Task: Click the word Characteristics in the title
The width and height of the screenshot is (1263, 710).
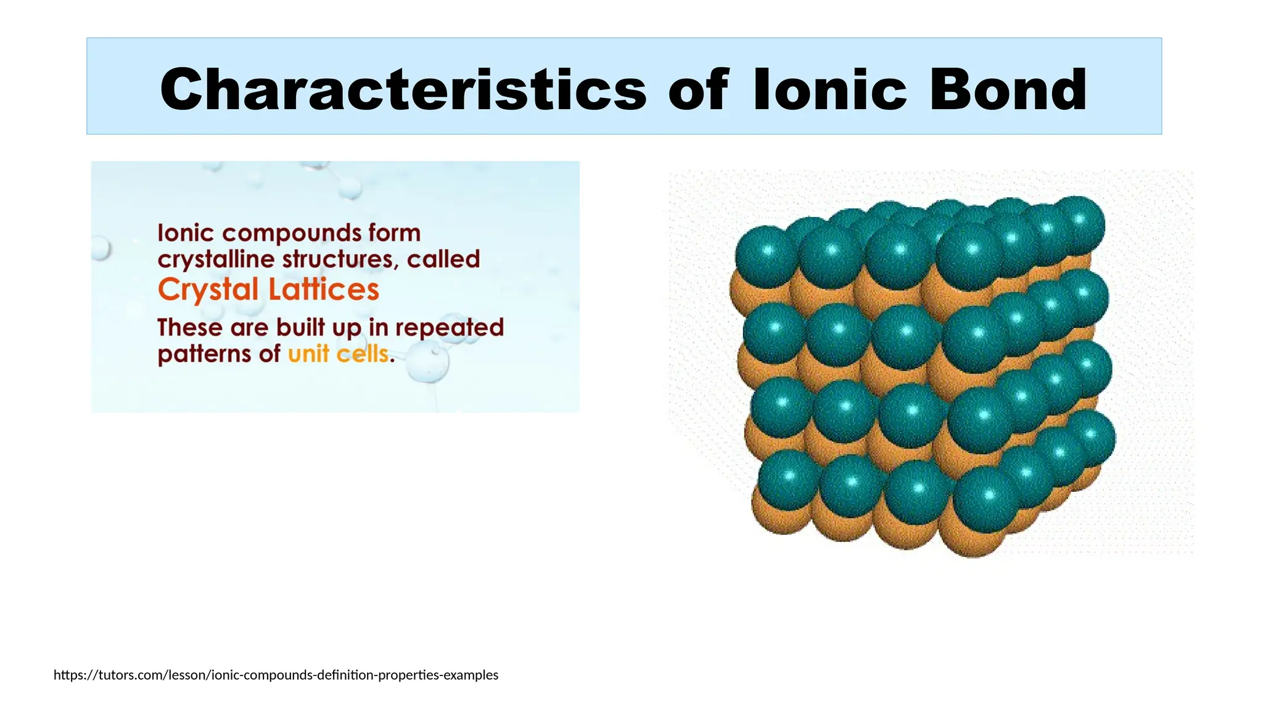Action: (403, 90)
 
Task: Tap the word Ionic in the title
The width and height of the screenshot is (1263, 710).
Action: (830, 90)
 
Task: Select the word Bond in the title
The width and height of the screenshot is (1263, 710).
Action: (1008, 90)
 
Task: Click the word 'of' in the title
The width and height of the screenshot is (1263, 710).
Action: (698, 90)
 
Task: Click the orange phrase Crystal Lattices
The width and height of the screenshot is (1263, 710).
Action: (268, 290)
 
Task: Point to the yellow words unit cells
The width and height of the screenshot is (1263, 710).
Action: (339, 354)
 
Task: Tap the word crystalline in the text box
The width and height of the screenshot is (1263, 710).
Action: (216, 259)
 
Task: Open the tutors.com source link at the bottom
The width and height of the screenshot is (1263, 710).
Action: (276, 675)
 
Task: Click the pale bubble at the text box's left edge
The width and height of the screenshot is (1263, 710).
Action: (100, 249)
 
